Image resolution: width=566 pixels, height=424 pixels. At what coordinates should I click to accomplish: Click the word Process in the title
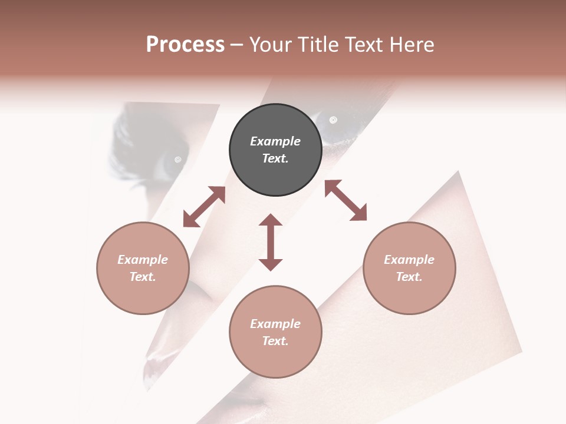185,45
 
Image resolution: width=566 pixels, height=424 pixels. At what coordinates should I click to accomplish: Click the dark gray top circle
275,150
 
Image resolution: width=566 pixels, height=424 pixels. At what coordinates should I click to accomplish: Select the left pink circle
143,268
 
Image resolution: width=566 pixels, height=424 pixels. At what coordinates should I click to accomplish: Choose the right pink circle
409,268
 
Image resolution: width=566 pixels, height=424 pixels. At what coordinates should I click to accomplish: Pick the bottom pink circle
275,332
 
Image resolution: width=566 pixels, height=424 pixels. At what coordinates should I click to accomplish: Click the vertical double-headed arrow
271,242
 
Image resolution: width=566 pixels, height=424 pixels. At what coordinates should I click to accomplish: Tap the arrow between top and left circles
204,207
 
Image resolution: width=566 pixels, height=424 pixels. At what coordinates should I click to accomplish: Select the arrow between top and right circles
346,200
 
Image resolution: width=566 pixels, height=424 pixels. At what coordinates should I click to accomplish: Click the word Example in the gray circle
275,141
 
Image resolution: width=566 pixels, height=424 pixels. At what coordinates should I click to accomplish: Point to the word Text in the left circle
143,277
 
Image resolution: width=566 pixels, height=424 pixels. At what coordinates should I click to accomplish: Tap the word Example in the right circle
409,260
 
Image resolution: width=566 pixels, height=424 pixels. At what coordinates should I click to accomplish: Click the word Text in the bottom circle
275,341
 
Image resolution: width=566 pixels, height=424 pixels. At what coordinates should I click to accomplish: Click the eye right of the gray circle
333,121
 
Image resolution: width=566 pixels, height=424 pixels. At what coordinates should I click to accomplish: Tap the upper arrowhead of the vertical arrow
271,220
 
